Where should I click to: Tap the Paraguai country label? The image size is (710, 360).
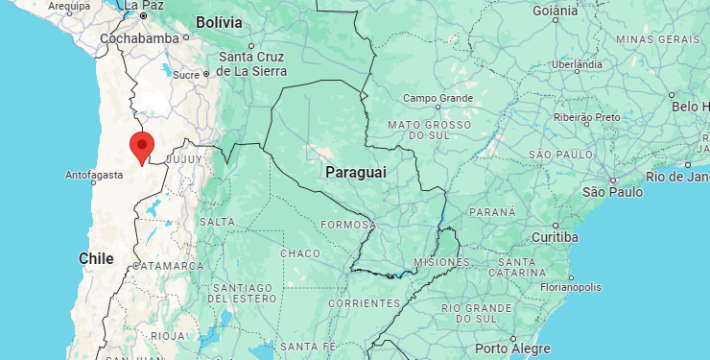coord(355,171)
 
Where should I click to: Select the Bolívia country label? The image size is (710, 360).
coord(219,21)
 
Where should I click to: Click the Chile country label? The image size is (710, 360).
coord(96,258)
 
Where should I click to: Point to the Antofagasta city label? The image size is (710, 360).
coord(94,176)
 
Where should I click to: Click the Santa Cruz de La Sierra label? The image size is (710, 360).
coord(250,63)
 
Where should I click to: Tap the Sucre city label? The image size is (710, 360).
coord(186,74)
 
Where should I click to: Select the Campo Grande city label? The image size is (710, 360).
coord(438,98)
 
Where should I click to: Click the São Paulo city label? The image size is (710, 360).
coord(612,191)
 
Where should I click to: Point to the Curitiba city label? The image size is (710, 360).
coord(554,237)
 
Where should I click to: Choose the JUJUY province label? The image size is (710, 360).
coord(186,158)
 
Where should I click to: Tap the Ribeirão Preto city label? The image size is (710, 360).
coord(587,117)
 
